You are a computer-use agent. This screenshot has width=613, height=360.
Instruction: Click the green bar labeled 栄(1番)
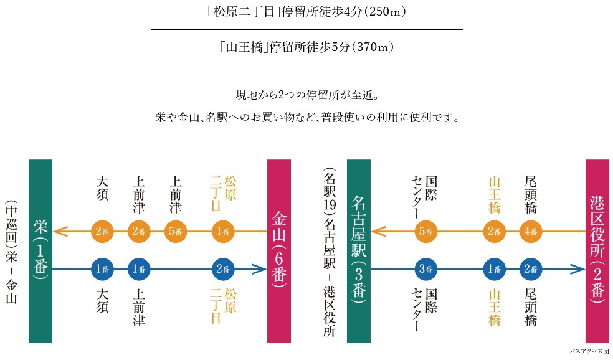pos(40,251)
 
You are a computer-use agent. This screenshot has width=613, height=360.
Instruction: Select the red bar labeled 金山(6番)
pos(278,251)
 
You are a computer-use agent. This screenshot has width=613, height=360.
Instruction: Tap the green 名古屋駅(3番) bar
pos(358,251)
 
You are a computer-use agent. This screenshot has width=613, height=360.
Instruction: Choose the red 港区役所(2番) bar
pos(597,251)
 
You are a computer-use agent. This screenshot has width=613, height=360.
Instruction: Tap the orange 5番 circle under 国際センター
pos(426,232)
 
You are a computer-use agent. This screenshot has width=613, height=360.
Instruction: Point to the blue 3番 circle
pos(426,270)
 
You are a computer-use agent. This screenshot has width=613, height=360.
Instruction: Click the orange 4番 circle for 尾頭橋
pos(531,232)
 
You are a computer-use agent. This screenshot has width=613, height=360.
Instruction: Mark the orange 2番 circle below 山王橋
pos(495,232)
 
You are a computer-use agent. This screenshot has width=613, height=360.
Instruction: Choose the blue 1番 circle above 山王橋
pos(495,270)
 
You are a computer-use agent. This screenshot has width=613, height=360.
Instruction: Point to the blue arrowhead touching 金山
pos(259,270)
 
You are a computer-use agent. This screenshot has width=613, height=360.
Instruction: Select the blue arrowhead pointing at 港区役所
pos(577,270)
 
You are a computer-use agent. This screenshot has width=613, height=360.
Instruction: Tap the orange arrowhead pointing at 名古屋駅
pos(379,232)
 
